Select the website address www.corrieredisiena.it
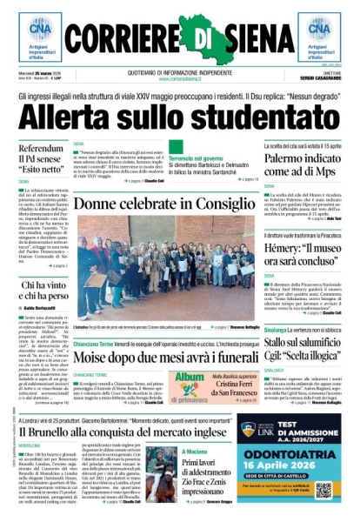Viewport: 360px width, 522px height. click(179, 78)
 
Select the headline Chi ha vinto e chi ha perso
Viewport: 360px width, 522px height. click(43, 291)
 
